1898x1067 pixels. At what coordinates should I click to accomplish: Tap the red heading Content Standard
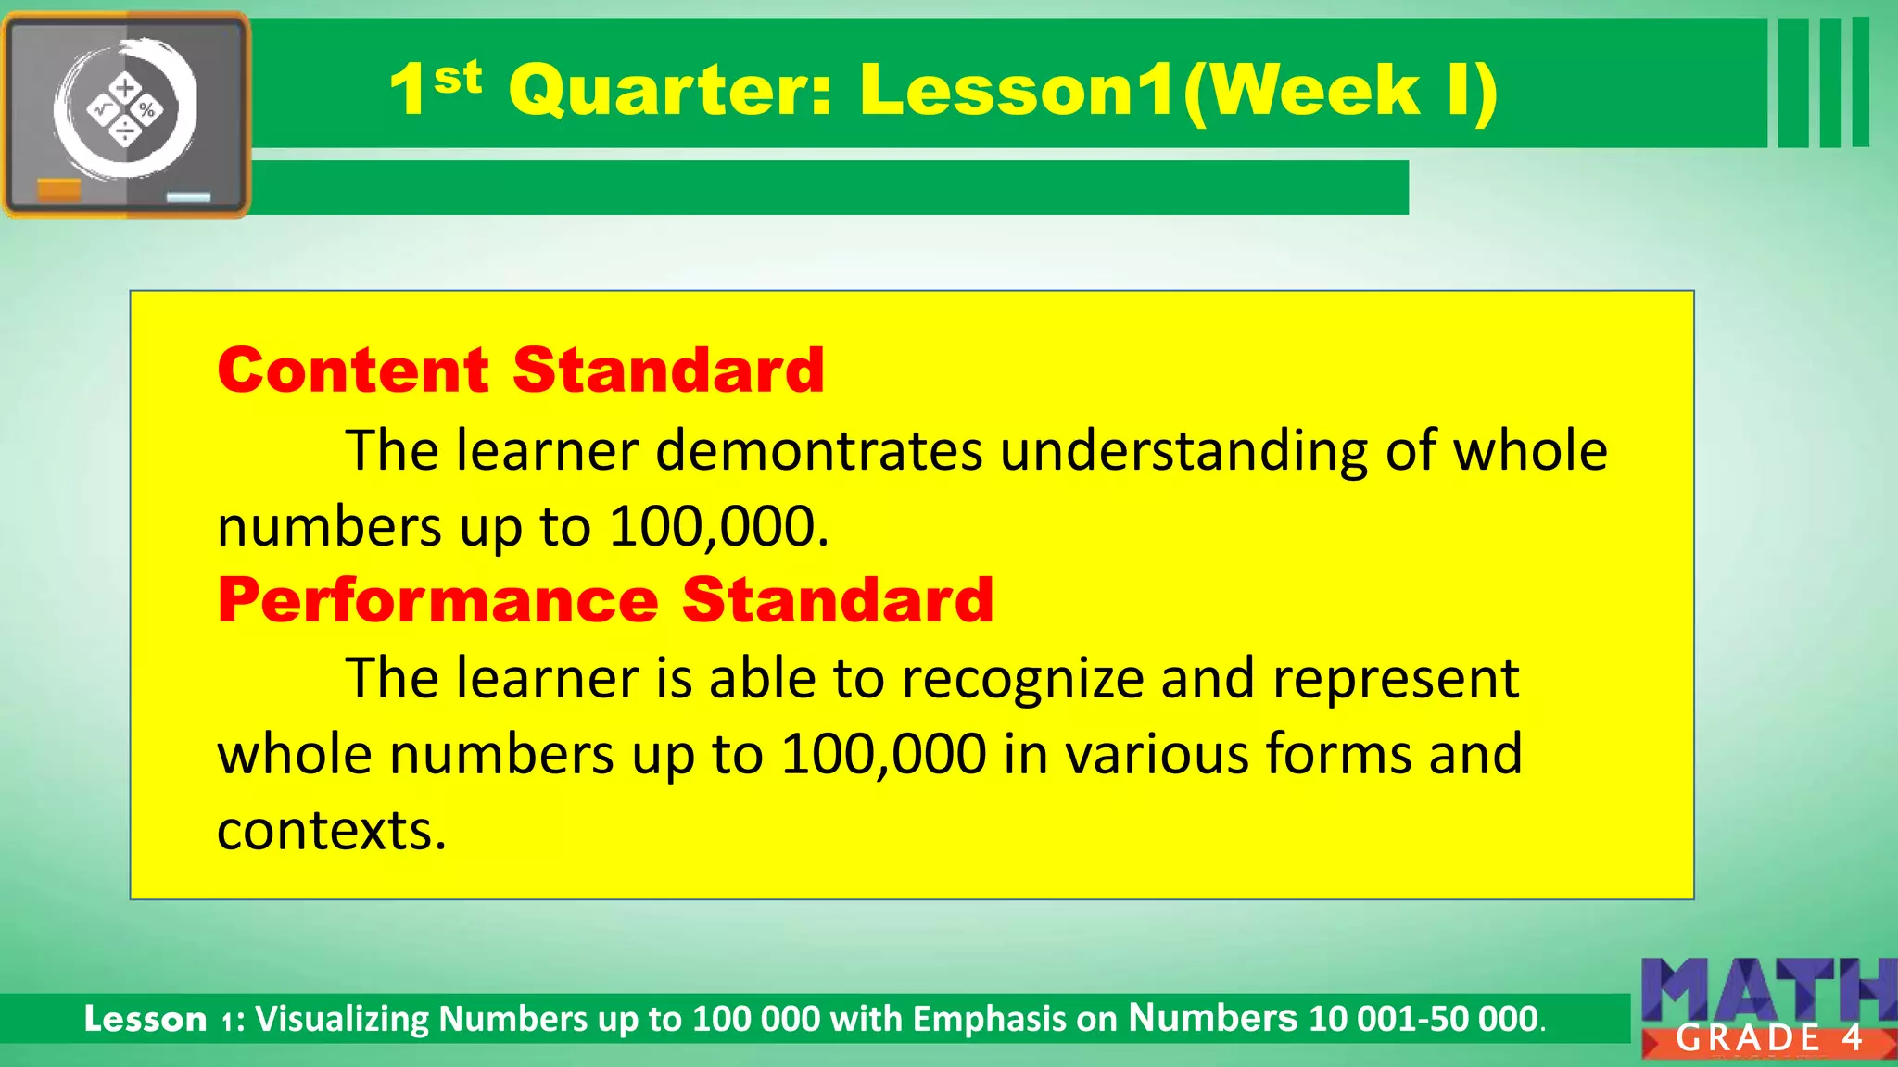[520, 370]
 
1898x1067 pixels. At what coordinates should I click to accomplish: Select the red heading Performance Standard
[605, 599]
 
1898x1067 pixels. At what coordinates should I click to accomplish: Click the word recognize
[1023, 680]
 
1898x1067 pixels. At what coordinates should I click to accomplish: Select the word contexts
[331, 830]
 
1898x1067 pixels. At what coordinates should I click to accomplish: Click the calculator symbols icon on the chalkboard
[125, 110]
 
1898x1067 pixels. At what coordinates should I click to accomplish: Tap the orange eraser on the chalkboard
[58, 190]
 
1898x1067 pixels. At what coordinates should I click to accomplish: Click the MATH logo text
[1768, 989]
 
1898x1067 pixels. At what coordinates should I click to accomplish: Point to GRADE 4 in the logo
[1768, 1038]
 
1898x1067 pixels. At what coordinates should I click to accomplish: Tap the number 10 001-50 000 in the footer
[1423, 1019]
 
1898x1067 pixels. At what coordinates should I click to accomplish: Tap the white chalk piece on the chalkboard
[188, 196]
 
